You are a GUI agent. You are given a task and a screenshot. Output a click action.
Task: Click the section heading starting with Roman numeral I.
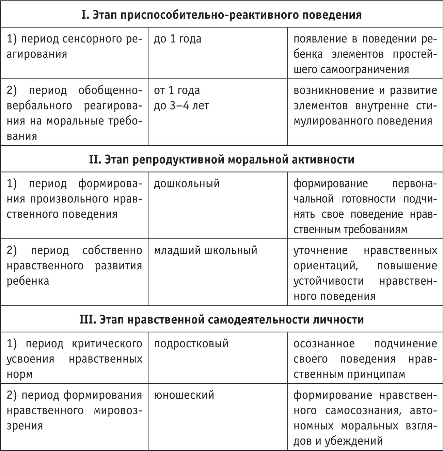(222, 15)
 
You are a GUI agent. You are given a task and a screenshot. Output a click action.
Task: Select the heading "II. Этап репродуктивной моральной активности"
(222, 159)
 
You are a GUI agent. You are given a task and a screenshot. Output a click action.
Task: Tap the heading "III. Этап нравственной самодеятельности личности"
(222, 320)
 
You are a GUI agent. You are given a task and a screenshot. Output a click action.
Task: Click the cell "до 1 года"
(178, 39)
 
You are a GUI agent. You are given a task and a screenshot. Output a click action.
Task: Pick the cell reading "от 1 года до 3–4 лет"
(181, 98)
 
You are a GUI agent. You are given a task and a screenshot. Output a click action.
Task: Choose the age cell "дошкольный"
(187, 184)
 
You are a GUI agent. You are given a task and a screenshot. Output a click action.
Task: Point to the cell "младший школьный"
(205, 250)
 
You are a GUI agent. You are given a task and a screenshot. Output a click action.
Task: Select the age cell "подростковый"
(191, 344)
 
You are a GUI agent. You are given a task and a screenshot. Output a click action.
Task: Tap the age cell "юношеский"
(184, 395)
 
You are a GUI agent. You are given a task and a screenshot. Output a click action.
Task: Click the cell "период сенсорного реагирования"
(74, 47)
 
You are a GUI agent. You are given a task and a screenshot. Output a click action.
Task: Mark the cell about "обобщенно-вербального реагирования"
(74, 113)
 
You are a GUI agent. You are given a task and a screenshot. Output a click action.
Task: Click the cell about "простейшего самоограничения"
(365, 54)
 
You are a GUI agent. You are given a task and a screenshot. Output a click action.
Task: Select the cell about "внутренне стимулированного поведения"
(365, 105)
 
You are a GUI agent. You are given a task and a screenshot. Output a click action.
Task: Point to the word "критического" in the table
(107, 344)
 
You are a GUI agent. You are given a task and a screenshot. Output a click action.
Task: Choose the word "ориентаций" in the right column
(326, 266)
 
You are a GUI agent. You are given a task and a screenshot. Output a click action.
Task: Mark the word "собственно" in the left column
(112, 250)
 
